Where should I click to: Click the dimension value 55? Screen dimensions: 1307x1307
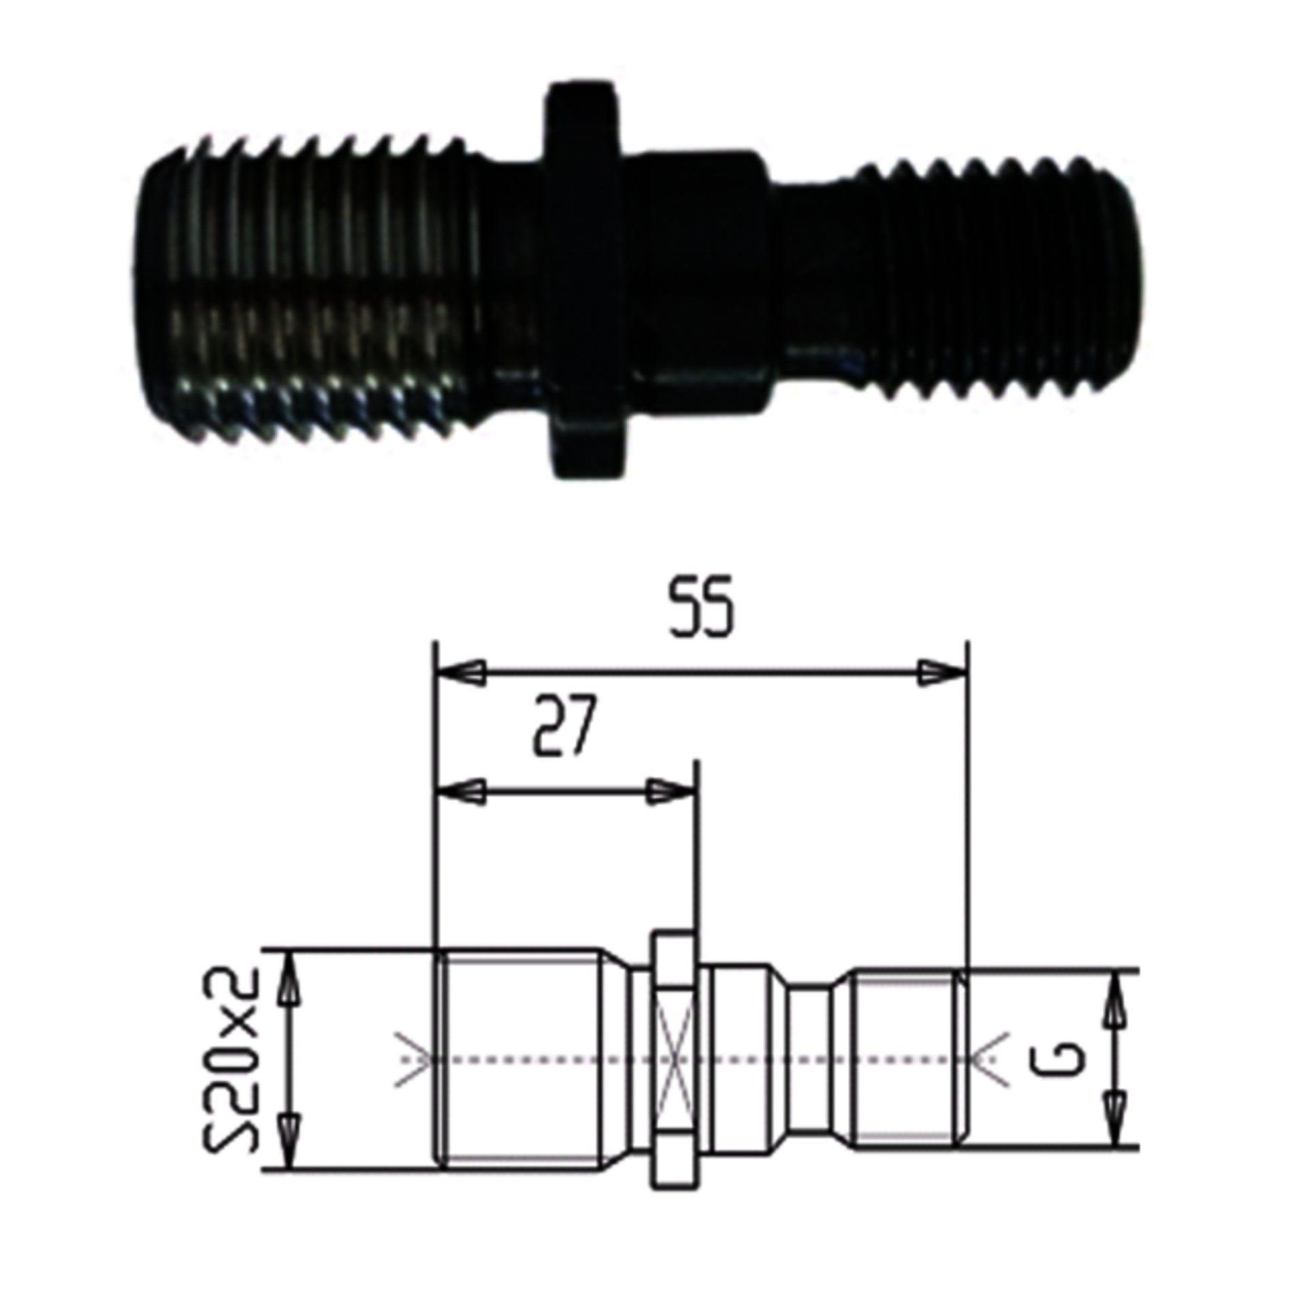click(x=703, y=608)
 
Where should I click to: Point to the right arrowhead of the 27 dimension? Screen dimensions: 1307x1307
click(x=671, y=792)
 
